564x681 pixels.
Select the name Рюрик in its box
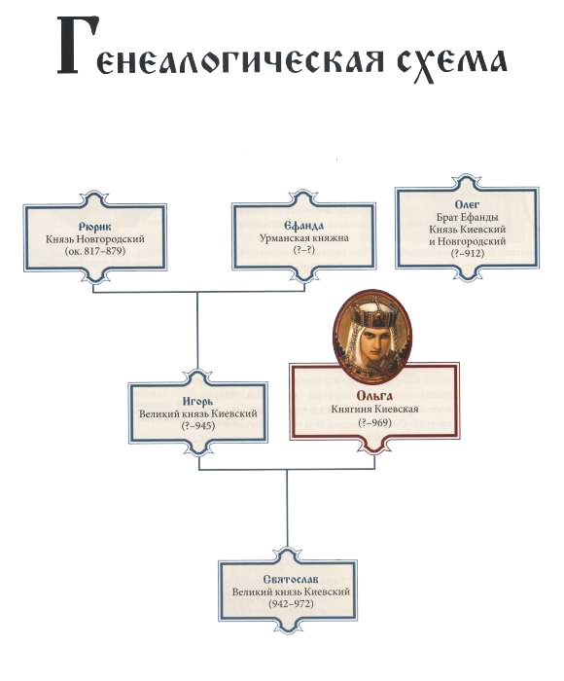click(x=95, y=227)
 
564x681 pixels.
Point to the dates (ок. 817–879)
click(x=95, y=251)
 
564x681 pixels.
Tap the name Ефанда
click(x=304, y=226)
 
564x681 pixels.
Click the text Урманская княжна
click(x=304, y=238)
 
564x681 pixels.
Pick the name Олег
click(x=467, y=204)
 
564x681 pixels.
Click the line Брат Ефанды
click(x=467, y=217)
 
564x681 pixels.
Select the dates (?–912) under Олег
click(x=467, y=253)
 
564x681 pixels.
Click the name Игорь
click(x=198, y=402)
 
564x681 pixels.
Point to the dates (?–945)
click(x=198, y=426)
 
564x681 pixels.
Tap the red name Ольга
click(x=374, y=396)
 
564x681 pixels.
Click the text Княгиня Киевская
click(x=374, y=410)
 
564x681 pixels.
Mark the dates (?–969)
click(x=374, y=422)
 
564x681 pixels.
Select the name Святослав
click(x=291, y=579)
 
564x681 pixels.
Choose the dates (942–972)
click(x=291, y=604)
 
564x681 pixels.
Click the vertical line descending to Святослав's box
click(x=287, y=509)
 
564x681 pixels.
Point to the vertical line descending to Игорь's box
click(x=197, y=331)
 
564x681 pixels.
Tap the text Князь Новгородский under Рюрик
click(x=95, y=239)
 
